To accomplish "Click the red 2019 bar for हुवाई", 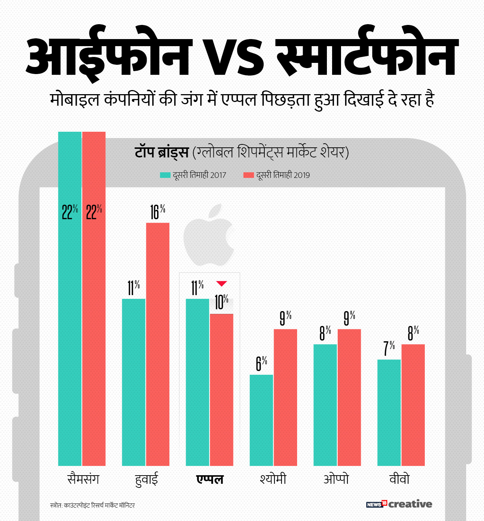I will coord(157,344).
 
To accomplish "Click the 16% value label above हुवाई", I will coord(157,212).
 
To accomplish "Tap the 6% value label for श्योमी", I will coord(261,363).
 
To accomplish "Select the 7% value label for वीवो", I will coord(389,348).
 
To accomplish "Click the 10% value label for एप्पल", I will coord(222,302).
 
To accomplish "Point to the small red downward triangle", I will coord(222,284).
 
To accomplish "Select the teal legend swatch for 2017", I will coord(165,175).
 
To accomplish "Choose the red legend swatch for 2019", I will coord(248,175).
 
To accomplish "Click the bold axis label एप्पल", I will coord(210,479).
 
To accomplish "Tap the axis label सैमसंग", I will coord(83,479).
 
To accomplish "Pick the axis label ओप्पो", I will coord(336,479).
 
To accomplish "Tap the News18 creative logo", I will coord(399,504).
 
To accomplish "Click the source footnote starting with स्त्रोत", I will coord(92,505).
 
